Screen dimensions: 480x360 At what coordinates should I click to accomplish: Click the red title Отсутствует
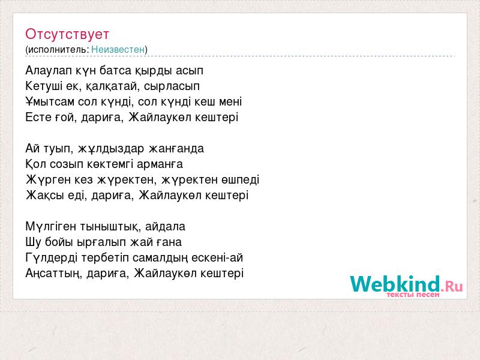(67, 34)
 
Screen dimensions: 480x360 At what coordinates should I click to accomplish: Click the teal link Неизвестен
(118, 49)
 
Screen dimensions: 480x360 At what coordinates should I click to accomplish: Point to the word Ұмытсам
(50, 102)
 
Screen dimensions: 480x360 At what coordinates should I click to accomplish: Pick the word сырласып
(172, 86)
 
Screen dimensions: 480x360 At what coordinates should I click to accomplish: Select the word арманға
(160, 164)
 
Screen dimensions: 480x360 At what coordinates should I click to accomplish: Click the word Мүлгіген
(51, 227)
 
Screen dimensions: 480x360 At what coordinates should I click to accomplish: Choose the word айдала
(166, 227)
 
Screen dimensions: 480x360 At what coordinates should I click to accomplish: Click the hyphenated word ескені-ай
(217, 258)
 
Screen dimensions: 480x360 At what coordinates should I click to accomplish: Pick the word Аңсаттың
(54, 274)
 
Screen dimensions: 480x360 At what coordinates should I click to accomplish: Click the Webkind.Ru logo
(407, 284)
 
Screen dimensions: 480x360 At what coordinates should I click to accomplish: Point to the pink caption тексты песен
(413, 295)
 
